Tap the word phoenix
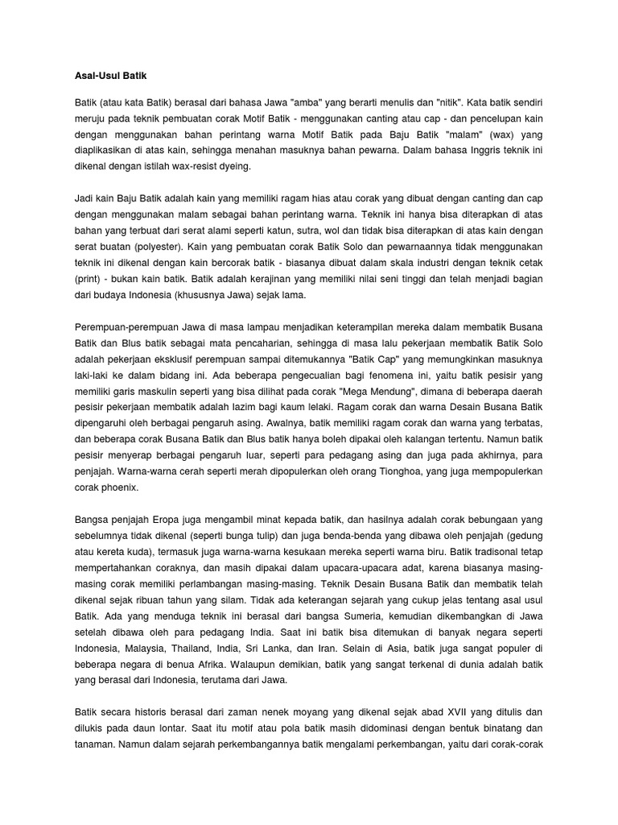click(x=118, y=488)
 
